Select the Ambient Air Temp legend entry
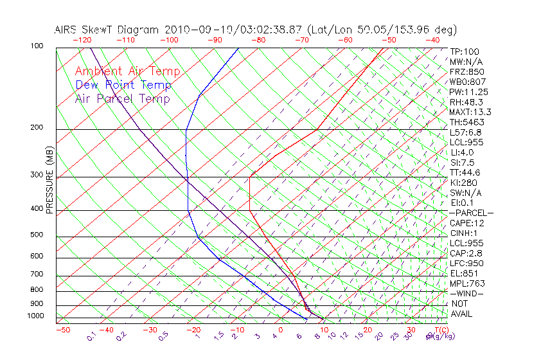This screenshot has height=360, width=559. point(127,72)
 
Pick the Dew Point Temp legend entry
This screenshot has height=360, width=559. point(123,85)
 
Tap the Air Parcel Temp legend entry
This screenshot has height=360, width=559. point(122,99)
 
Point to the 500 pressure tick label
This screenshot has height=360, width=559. point(37,235)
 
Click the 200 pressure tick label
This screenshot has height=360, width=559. point(37,127)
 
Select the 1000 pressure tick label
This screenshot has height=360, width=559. point(35,316)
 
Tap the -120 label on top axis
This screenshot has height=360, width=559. point(82,40)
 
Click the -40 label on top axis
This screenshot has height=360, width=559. point(432,40)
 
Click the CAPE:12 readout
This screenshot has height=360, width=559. point(466,223)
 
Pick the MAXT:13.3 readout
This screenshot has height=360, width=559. point(470,112)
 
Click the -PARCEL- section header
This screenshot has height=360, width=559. point(471,213)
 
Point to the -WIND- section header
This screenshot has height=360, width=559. point(467,293)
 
